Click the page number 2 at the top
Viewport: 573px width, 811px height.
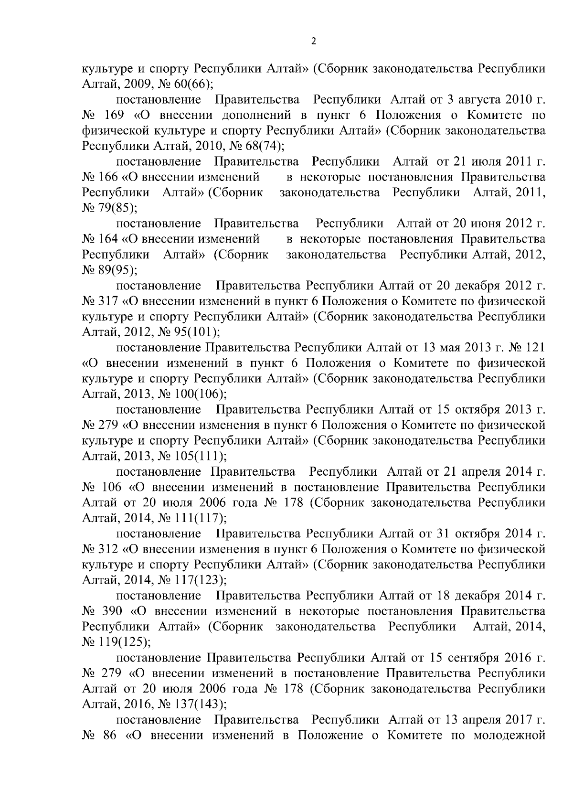click(313, 41)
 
